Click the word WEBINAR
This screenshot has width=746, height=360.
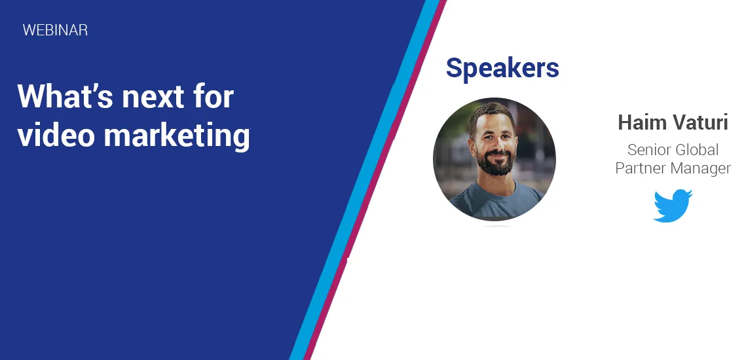click(55, 30)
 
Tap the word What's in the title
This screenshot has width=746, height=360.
click(65, 96)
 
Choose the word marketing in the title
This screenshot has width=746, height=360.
click(176, 136)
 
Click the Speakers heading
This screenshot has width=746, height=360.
click(502, 69)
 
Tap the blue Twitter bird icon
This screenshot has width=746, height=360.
click(673, 206)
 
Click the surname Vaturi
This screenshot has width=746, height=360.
click(700, 122)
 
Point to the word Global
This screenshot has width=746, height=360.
click(698, 150)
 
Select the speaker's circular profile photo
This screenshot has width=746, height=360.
click(494, 159)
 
